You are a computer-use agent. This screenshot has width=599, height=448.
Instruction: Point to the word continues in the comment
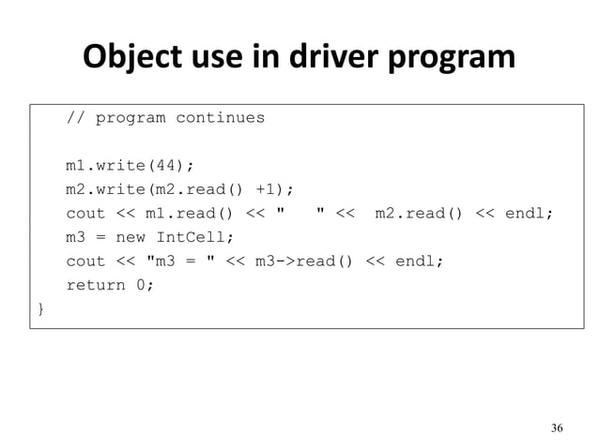coord(220,118)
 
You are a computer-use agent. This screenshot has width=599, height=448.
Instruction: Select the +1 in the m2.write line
coord(272,190)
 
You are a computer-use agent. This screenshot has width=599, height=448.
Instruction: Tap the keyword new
coord(131,237)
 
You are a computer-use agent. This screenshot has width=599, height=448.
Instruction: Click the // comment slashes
coord(75,118)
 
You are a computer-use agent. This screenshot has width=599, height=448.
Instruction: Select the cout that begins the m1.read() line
coord(85,214)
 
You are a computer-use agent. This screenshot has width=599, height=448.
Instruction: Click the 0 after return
coord(141,286)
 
